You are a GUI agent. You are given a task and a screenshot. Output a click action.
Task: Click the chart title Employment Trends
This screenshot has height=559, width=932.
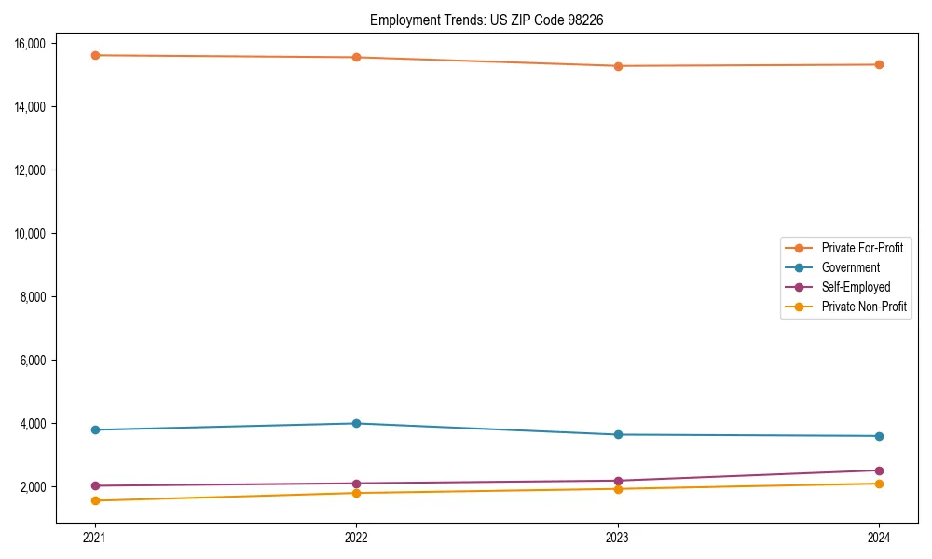[x=487, y=20]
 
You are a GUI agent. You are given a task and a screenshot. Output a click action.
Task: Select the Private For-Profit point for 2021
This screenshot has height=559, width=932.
[x=95, y=55]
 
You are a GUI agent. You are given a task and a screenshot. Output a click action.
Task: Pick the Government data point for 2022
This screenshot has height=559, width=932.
[x=356, y=423]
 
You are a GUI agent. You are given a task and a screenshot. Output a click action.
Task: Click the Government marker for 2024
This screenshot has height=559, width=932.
[x=879, y=436]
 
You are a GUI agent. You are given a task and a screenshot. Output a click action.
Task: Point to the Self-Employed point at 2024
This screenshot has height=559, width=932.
[x=879, y=470]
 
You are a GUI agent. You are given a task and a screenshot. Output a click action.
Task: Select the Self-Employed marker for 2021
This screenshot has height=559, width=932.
[x=95, y=485]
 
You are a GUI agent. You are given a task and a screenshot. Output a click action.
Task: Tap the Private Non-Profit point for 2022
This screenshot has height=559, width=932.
[x=356, y=493]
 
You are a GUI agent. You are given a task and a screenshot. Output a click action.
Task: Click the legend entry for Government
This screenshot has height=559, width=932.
[x=850, y=267]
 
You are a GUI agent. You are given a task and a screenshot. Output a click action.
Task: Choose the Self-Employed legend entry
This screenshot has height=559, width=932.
[x=856, y=287]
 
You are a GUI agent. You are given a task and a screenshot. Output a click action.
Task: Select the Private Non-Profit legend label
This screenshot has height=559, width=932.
[x=864, y=307]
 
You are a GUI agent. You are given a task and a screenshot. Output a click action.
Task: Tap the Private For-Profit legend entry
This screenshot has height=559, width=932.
[x=862, y=248]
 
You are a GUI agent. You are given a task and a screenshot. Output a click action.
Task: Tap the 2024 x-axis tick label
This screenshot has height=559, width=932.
[x=879, y=537]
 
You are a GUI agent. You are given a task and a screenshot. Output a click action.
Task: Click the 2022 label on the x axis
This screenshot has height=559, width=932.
[x=356, y=537]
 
